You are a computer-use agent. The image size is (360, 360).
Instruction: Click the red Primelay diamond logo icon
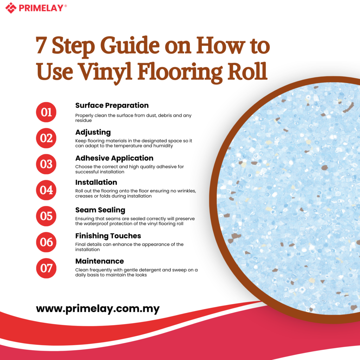(x=11, y=8)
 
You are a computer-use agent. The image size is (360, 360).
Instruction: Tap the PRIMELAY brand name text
(x=43, y=8)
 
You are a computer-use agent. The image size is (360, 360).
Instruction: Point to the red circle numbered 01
(x=46, y=112)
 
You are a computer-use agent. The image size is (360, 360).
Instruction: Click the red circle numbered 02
(x=46, y=138)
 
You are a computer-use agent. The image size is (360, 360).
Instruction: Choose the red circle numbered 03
(x=46, y=164)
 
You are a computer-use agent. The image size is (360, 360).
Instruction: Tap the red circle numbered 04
(x=46, y=190)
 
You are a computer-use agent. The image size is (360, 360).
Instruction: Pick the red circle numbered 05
(x=46, y=216)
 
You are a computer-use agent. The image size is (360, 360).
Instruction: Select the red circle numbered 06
(x=46, y=242)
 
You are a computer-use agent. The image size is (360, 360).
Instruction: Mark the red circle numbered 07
(x=46, y=268)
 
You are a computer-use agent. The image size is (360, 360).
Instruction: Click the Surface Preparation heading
(x=112, y=105)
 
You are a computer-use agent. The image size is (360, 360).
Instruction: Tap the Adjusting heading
(x=93, y=133)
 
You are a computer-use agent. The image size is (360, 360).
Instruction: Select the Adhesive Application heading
(x=114, y=158)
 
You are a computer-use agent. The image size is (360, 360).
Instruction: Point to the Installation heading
(x=96, y=182)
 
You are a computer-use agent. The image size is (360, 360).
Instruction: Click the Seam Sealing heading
(x=100, y=210)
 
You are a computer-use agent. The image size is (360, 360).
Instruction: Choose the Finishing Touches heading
(x=108, y=236)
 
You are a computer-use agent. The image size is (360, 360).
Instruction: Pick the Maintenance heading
(x=99, y=261)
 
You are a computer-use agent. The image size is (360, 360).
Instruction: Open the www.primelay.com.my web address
(x=98, y=309)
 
